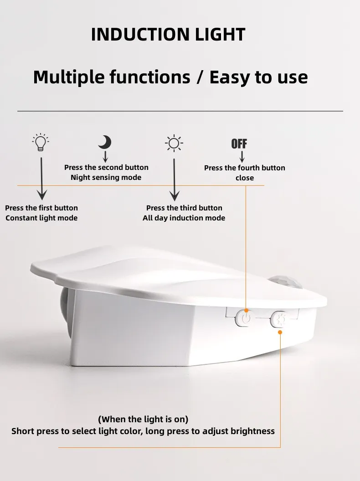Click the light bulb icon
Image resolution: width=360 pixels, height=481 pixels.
[x=41, y=143]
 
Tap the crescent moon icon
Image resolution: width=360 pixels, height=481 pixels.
[x=105, y=142]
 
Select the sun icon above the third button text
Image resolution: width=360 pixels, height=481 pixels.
[x=174, y=143]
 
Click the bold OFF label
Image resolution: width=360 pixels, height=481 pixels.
[x=239, y=144]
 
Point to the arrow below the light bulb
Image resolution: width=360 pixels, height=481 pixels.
[x=41, y=178]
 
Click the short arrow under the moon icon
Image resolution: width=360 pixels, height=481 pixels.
[x=105, y=157]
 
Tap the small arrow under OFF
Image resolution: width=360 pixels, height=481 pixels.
[x=242, y=157]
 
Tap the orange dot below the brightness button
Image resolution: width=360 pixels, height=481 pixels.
[x=280, y=332]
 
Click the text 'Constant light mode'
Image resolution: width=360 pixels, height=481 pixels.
[x=41, y=218]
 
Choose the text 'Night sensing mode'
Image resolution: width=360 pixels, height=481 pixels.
[x=106, y=178]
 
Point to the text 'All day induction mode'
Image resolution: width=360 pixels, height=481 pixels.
[x=184, y=218]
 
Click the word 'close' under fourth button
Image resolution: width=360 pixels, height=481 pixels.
[x=245, y=178]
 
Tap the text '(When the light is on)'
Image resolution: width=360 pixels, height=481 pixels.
[x=143, y=419]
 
